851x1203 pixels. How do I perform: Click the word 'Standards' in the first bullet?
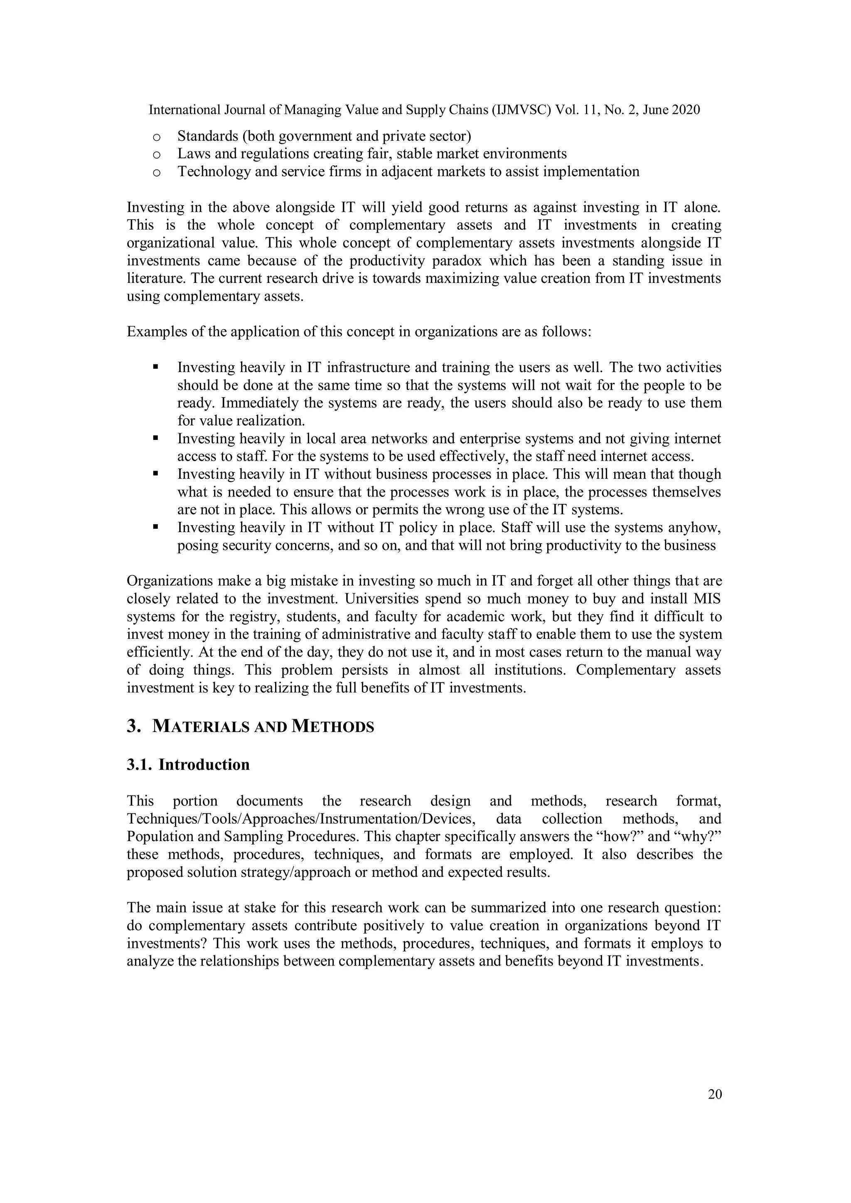point(207,136)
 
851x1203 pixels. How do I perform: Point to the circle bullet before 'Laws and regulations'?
point(156,155)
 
